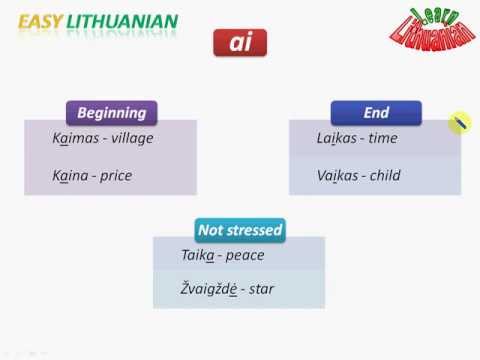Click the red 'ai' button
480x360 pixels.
pos(239,43)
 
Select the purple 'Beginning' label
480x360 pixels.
pos(111,113)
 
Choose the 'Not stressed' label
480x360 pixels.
pos(240,230)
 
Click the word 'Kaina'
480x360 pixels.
pos(68,175)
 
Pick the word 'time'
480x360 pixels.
pos(385,138)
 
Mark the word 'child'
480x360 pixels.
pos(385,175)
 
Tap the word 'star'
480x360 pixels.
pos(262,290)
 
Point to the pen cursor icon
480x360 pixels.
pos(459,122)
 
